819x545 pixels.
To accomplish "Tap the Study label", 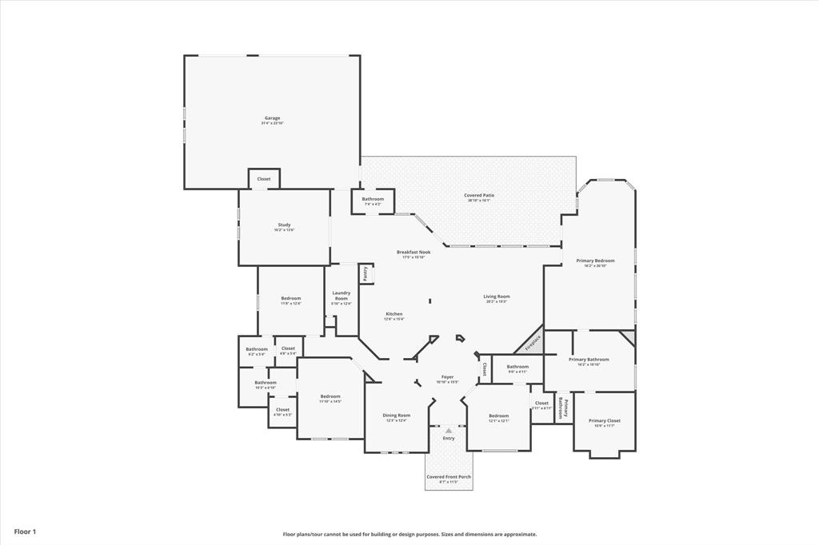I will coord(284,227).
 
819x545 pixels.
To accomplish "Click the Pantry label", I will coord(366,274).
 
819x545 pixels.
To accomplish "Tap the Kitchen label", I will coord(394,316).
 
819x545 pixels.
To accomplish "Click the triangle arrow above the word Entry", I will coord(448,431).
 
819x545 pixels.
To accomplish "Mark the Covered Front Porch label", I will coord(448,479).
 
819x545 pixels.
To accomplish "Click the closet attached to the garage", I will coord(263,179).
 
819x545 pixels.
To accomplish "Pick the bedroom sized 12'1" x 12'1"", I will coord(498,417).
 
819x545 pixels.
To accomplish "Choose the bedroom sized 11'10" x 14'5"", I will coord(330,398).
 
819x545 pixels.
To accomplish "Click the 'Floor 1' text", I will coord(25,531).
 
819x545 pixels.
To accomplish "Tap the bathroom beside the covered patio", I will coord(373,201).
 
